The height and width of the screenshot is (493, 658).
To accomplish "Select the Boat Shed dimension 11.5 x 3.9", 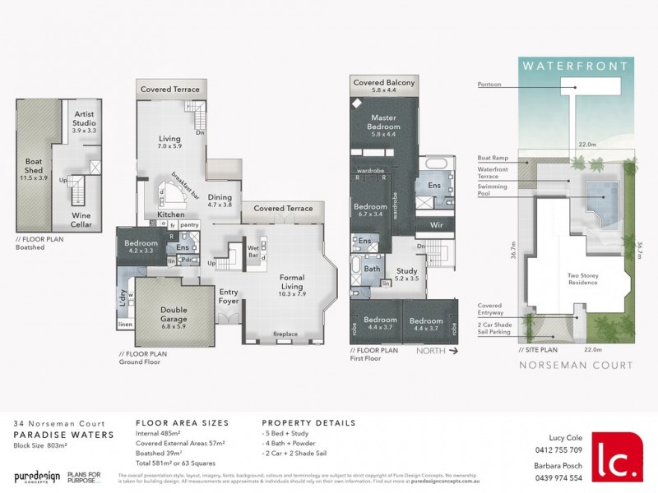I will coord(34,177).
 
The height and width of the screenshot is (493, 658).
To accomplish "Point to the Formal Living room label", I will coord(292,278).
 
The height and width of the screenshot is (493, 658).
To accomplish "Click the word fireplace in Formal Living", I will coord(285,334).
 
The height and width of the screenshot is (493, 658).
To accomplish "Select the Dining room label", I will coord(219,197).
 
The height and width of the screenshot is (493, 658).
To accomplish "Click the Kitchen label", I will coord(171,214).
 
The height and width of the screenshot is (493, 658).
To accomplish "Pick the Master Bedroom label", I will coord(384,122).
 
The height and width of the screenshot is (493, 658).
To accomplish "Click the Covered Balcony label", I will coord(384,84).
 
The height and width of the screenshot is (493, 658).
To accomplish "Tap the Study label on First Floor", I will coord(407,270).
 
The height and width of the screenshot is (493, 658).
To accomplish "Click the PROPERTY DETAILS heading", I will coord(308,423).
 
